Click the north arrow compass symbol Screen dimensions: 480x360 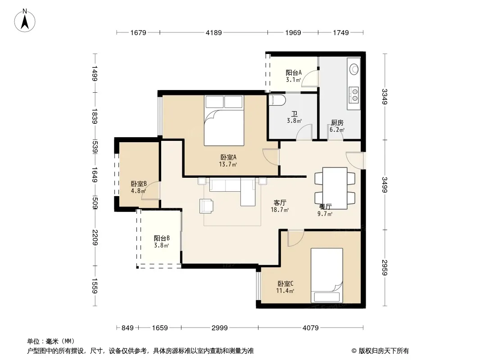(25, 21)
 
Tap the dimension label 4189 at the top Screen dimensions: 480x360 (214, 33)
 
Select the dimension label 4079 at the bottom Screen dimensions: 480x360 (310, 328)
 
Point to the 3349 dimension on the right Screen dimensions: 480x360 (385, 97)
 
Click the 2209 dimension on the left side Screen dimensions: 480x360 (95, 237)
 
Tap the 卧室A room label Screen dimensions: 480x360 (228, 157)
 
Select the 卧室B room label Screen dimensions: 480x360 (139, 184)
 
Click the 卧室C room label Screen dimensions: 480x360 (285, 284)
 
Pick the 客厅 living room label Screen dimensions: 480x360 (280, 203)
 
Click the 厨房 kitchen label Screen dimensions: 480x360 (337, 123)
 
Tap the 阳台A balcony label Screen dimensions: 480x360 (294, 73)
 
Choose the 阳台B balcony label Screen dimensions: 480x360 (162, 238)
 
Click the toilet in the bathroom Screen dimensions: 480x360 (277, 101)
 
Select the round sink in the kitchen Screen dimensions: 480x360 (354, 69)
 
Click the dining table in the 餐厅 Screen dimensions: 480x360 (335, 188)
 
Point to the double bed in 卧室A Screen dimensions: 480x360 (224, 121)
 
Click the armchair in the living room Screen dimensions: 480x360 (206, 206)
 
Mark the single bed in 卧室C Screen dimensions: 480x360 (326, 275)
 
